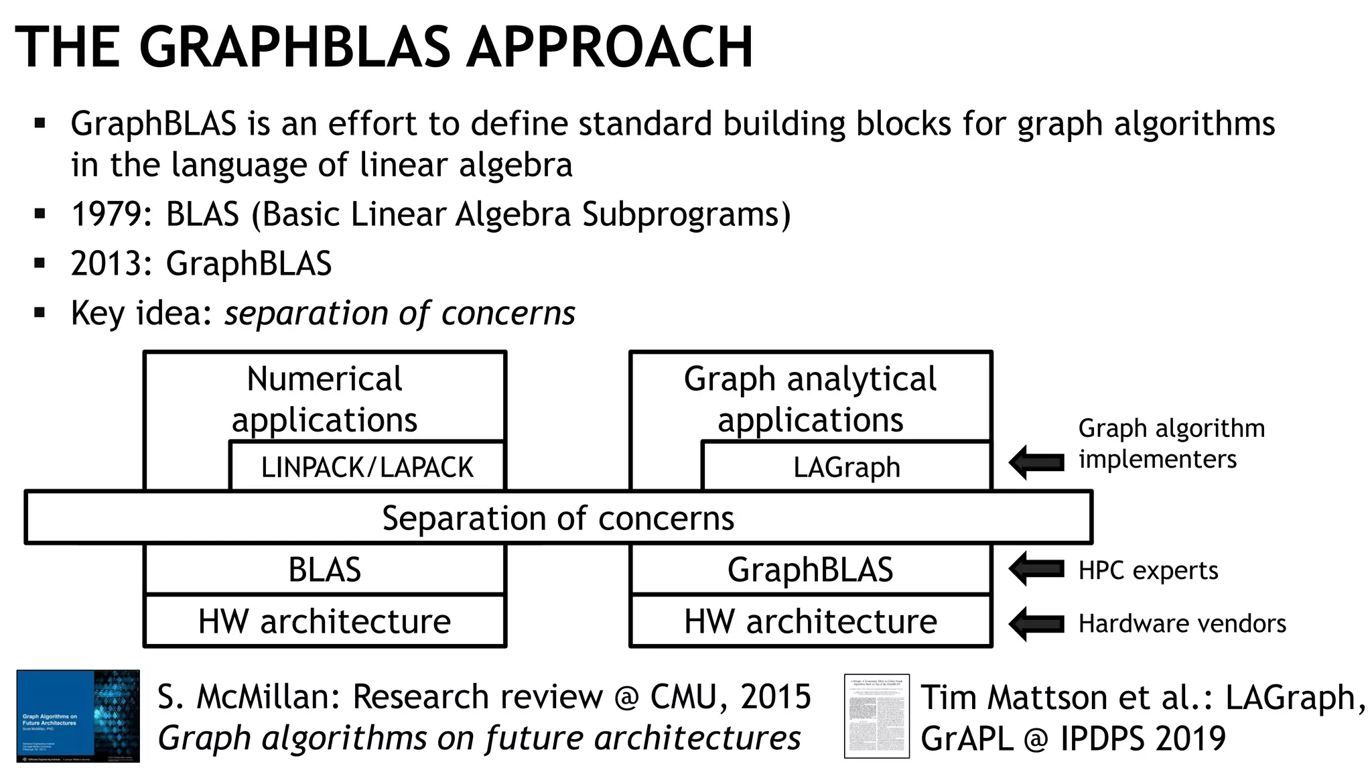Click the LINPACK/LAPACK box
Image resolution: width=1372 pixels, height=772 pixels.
tap(367, 466)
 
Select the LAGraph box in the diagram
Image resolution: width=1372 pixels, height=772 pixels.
tap(847, 466)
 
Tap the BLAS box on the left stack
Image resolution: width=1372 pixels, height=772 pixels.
tap(325, 570)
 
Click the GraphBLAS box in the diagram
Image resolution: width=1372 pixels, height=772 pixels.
tap(811, 570)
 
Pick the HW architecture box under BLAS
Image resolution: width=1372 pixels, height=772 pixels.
tap(325, 621)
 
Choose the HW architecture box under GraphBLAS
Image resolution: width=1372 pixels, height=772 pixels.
tap(811, 621)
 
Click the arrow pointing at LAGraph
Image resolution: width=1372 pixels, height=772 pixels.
tap(1036, 462)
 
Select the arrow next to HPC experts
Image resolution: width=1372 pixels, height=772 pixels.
tap(1036, 569)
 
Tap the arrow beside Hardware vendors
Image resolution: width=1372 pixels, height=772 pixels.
tap(1036, 624)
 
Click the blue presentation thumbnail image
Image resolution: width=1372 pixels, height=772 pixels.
tap(78, 716)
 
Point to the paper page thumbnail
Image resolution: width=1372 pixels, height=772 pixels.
tap(876, 716)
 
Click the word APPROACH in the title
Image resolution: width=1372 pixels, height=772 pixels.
tap(610, 47)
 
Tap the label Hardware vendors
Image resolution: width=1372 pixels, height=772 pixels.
tap(1182, 624)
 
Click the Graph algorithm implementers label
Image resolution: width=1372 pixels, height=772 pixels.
tap(1170, 444)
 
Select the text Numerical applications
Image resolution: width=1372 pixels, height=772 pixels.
tap(324, 399)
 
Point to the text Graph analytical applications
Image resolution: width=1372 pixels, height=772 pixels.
tap(810, 399)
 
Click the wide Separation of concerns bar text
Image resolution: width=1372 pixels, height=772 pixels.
tap(558, 518)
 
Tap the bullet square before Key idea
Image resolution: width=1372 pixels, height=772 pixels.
tap(40, 312)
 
